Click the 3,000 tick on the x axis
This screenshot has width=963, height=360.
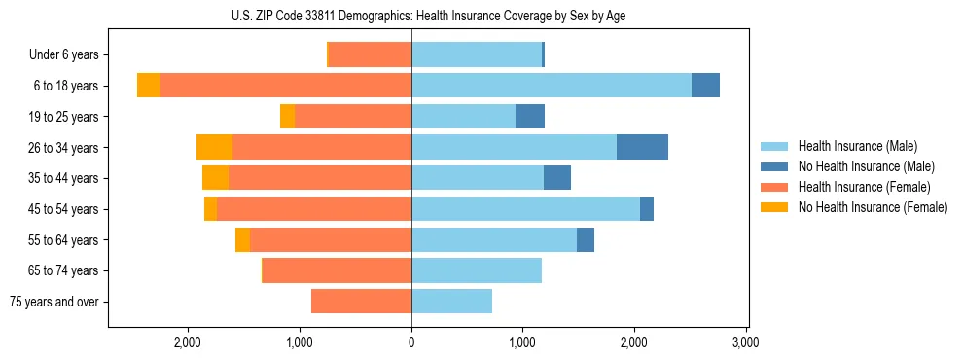point(745,343)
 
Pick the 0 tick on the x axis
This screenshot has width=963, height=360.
point(411,343)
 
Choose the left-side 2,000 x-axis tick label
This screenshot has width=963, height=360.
point(187,343)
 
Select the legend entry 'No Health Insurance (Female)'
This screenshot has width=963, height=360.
point(873,207)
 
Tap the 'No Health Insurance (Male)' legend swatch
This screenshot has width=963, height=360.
point(774,166)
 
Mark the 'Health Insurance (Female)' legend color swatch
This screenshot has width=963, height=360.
point(774,187)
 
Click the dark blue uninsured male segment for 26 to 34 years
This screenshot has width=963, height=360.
point(642,147)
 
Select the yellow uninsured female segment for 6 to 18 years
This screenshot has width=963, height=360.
point(148,86)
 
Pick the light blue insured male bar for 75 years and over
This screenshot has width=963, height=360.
point(451,302)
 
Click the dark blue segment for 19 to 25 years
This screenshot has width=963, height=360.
point(530,117)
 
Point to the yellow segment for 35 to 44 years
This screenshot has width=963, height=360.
point(215,178)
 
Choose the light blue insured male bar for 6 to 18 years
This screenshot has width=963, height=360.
point(551,86)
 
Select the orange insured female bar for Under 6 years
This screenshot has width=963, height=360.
point(370,54)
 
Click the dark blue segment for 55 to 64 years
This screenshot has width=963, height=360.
point(586,240)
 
